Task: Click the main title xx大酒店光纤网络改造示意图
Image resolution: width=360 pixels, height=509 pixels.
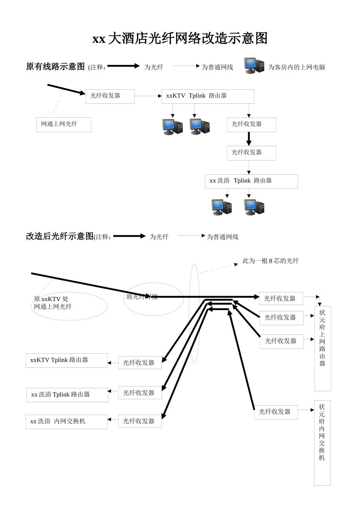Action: [x=180, y=39]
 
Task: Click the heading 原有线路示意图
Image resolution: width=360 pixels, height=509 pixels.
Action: [x=55, y=67]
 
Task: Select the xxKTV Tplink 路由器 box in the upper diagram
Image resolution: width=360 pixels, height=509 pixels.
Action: [x=208, y=96]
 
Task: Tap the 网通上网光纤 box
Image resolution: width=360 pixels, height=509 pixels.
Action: [x=64, y=125]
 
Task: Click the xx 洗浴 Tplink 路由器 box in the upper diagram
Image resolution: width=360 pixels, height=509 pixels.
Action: [x=251, y=181]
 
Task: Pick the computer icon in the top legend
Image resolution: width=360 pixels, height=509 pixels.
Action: [x=254, y=66]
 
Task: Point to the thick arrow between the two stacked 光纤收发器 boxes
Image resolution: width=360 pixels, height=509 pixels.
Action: [x=249, y=139]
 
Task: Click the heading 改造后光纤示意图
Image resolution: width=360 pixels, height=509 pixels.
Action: [x=59, y=236]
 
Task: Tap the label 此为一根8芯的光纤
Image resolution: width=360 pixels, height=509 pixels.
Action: [x=271, y=261]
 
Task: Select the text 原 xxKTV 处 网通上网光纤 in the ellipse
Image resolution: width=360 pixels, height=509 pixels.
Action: [x=53, y=303]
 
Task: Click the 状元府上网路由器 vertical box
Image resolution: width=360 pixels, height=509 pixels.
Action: [x=322, y=348]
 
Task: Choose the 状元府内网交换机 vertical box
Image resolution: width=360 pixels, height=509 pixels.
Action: [x=322, y=442]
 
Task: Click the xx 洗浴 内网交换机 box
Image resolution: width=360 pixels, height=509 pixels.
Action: [x=66, y=422]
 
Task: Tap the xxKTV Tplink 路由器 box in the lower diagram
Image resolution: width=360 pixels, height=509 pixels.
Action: [x=66, y=360]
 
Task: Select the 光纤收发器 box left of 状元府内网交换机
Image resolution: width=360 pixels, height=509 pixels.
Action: [x=276, y=412]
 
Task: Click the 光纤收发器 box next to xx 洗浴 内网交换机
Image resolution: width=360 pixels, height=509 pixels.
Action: [x=140, y=421]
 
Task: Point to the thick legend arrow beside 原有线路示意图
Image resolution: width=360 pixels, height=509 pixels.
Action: [x=124, y=66]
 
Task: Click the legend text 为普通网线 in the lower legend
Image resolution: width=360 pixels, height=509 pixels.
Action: [x=222, y=237]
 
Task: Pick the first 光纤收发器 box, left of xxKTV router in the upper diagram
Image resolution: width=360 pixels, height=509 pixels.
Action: [x=110, y=96]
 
